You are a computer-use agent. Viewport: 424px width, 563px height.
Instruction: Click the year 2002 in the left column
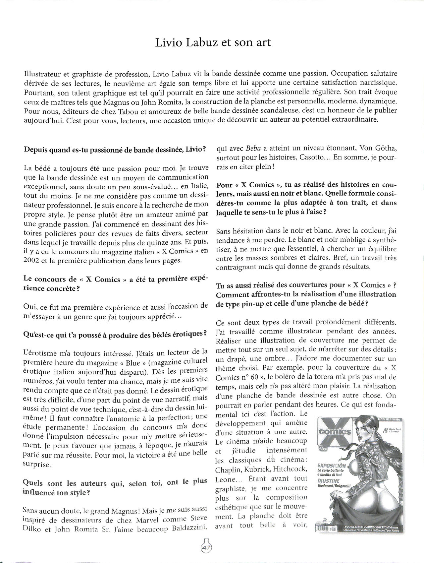pyautogui.click(x=32, y=261)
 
